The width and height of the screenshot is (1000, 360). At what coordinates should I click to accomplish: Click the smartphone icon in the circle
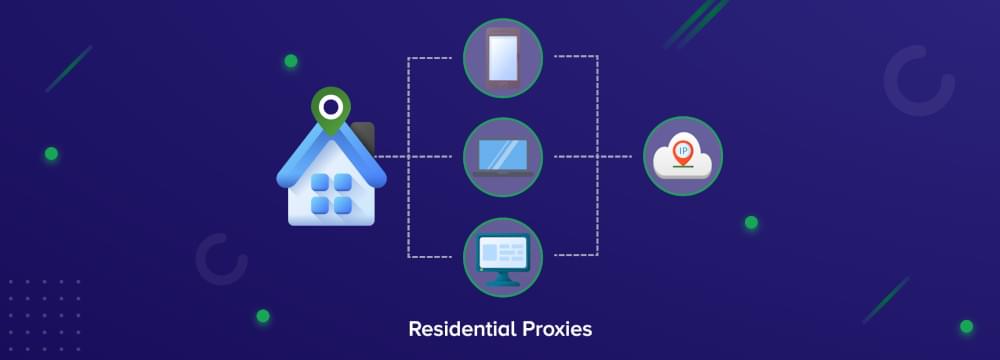[x=502, y=58]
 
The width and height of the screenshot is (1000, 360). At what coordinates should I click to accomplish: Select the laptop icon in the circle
[x=502, y=157]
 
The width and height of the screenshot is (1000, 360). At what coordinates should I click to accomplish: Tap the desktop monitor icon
[x=502, y=256]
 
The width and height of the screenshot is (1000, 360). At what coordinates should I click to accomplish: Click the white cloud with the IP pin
[x=682, y=157]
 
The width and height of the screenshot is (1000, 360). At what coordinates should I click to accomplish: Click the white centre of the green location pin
[x=330, y=104]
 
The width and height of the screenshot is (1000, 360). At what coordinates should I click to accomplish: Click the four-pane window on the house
[x=331, y=194]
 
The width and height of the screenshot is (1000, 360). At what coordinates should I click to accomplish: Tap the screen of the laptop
[x=503, y=154]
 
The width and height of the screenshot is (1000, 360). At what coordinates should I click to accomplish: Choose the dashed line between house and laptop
[x=420, y=157]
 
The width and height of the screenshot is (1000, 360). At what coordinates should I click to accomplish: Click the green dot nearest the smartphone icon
[x=290, y=61]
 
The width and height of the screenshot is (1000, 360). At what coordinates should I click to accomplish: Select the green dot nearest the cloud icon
[x=750, y=222]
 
